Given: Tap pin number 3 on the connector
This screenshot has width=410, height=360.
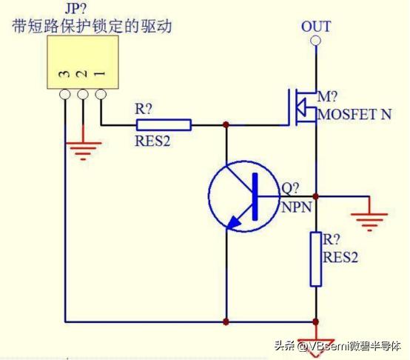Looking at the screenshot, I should pos(65,75).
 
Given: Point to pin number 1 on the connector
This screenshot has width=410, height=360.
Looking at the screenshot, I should pos(99,75).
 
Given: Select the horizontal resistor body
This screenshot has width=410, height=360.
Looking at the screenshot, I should pos(164,125).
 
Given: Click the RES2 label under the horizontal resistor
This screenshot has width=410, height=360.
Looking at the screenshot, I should pos(153,140).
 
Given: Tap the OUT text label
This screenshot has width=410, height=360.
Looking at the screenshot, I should pos(316,27).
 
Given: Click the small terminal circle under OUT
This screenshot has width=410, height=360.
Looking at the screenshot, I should pos(316,40).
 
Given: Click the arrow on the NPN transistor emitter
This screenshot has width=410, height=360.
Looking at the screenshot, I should pos(235,219).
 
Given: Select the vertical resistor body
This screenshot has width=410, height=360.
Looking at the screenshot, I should pos(316,259).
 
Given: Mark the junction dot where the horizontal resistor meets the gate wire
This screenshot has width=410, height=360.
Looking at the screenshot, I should pos(226,125).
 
